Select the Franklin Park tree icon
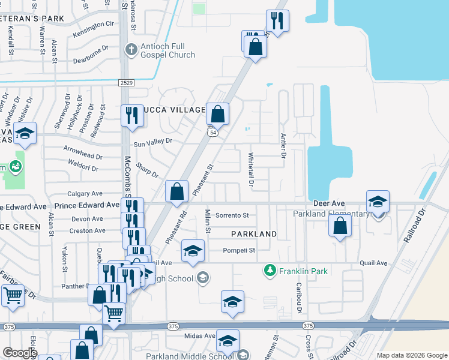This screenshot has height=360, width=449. (270, 271)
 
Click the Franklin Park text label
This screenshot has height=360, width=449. (303, 271)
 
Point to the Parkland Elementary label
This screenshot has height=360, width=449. (331, 214)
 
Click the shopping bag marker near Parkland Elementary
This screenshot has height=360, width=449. (340, 226)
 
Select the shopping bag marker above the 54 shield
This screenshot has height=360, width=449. (217, 113)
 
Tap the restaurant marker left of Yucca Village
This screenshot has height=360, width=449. (131, 115)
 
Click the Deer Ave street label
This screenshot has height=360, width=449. (328, 204)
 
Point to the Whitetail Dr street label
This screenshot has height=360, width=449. (252, 169)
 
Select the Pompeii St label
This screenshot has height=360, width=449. (240, 251)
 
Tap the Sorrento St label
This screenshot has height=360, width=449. (232, 215)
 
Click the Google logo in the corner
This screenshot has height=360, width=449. (20, 353)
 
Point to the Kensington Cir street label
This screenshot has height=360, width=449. (93, 24)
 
